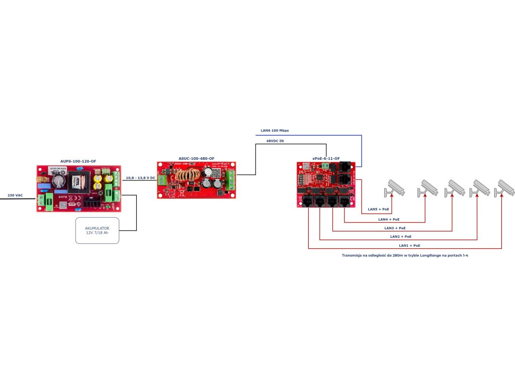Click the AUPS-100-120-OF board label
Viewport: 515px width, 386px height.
[78, 161]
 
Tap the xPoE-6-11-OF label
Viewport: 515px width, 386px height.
[326, 158]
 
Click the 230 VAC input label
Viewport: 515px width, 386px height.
[15, 195]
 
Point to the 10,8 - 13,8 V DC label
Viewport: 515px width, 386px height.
[140, 178]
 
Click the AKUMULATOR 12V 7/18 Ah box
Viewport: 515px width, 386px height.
[97, 231]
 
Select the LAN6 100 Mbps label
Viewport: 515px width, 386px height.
[275, 131]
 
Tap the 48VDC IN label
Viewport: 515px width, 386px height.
[275, 141]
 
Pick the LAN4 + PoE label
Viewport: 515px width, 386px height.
[389, 219]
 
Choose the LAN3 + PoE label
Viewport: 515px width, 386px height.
[395, 228]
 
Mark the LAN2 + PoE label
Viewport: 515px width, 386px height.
[401, 236]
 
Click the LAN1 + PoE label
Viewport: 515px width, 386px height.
[409, 245]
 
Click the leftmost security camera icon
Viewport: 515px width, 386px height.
[394, 188]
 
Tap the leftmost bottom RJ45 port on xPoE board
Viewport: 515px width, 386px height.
[308, 201]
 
